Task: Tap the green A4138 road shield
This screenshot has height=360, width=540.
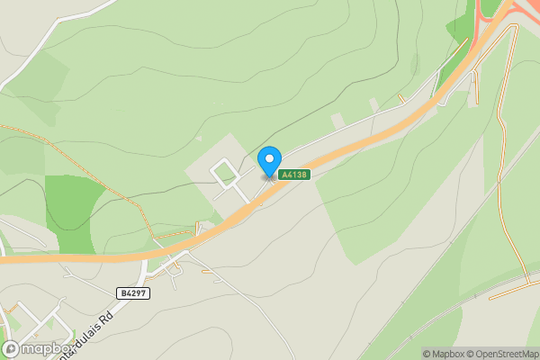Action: (294, 175)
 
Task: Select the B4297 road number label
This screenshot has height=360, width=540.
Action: (133, 292)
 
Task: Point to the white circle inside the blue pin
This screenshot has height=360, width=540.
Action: (269, 158)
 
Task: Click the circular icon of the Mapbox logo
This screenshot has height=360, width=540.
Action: (11, 348)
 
